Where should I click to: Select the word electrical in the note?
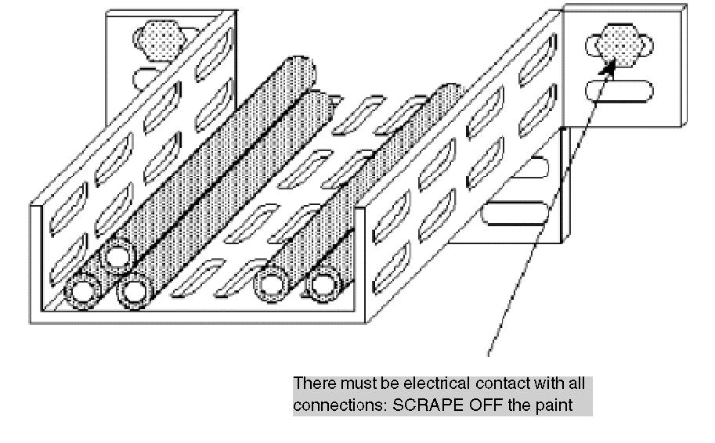(x=437, y=384)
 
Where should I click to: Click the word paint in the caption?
(x=555, y=405)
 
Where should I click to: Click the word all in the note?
(x=577, y=384)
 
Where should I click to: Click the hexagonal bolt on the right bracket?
(x=619, y=45)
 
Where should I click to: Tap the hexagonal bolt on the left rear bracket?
(x=160, y=40)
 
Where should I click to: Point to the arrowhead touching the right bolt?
(x=608, y=67)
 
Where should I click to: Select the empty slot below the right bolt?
(x=619, y=91)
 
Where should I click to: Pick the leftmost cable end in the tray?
(x=83, y=292)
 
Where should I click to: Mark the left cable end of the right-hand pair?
(x=272, y=284)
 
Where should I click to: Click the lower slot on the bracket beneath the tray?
(x=515, y=214)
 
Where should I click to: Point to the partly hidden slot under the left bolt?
(x=145, y=78)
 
